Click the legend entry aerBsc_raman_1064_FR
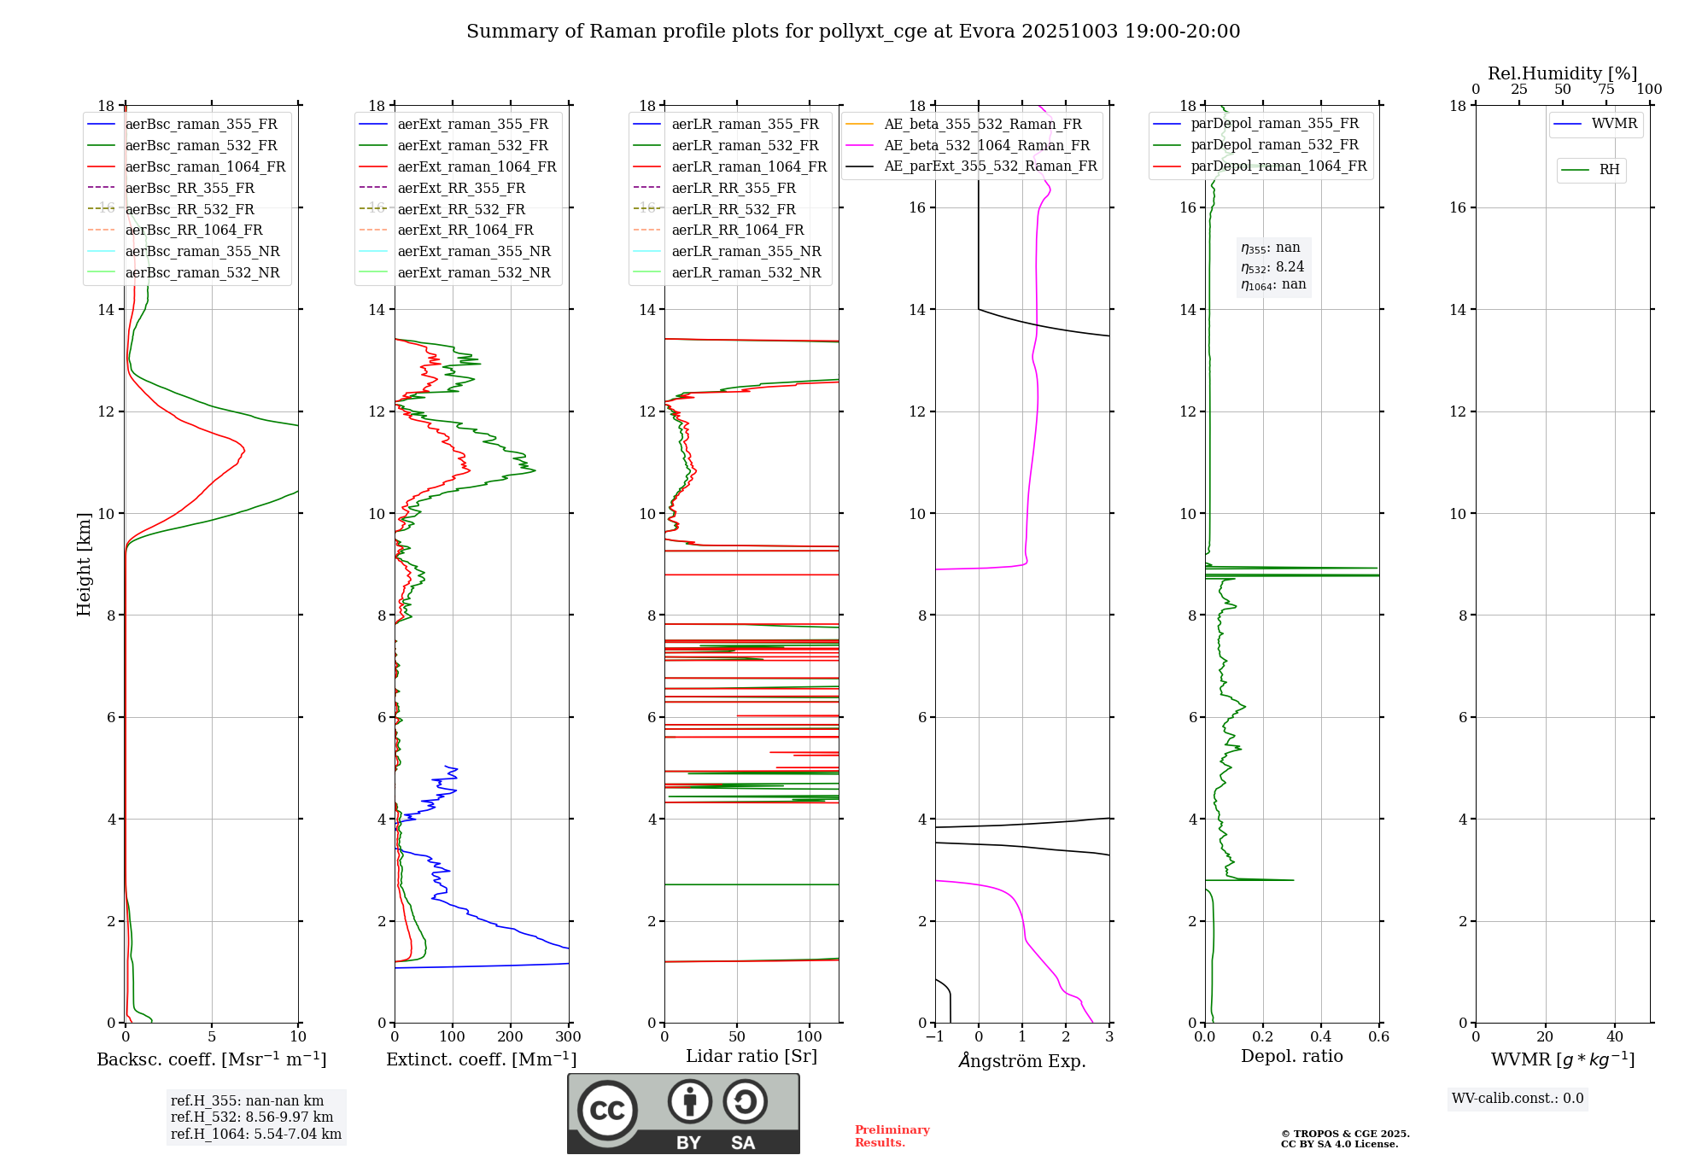click(205, 167)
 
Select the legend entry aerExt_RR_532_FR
click(461, 209)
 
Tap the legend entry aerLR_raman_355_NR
click(746, 252)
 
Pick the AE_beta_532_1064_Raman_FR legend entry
click(986, 145)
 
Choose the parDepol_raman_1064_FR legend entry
click(1278, 166)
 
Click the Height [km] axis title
click(84, 564)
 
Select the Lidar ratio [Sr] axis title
click(752, 1057)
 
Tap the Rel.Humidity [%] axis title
click(1562, 73)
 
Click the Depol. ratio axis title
click(1291, 1057)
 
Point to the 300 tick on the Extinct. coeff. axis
click(568, 1037)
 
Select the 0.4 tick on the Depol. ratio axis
click(1320, 1037)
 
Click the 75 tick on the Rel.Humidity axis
click(1606, 90)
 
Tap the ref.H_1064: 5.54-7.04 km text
click(256, 1135)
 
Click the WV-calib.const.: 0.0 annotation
click(1518, 1099)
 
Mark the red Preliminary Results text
click(892, 1136)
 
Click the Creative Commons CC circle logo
click(607, 1111)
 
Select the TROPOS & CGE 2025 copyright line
click(1345, 1135)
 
